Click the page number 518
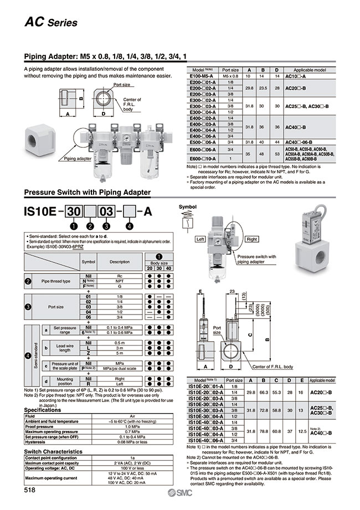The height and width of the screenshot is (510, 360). click(30, 490)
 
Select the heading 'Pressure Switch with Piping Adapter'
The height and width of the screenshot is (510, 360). click(87, 192)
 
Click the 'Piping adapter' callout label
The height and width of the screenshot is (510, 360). click(77, 158)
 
